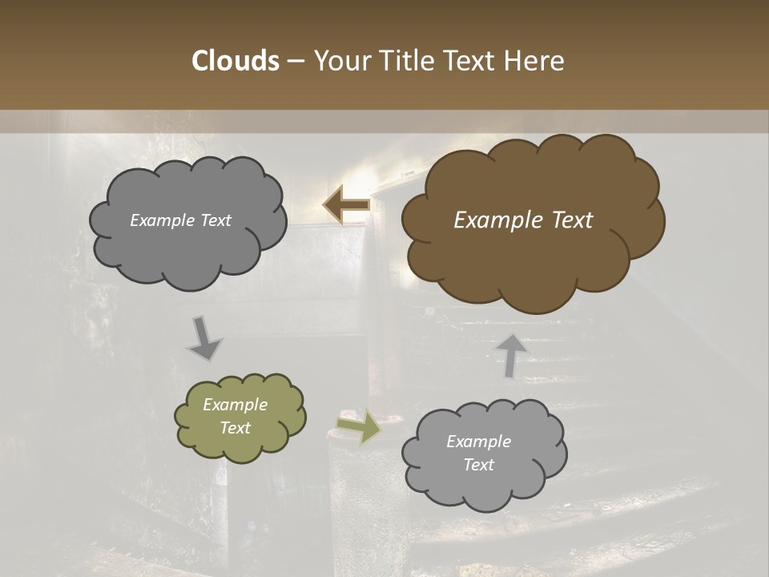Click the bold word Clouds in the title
(235, 61)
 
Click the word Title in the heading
(404, 61)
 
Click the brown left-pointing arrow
(346, 205)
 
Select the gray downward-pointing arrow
(205, 338)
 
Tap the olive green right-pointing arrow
(360, 426)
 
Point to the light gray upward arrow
(510, 355)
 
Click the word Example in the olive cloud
(236, 405)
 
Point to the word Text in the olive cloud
(236, 428)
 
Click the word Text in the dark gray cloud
(216, 220)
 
